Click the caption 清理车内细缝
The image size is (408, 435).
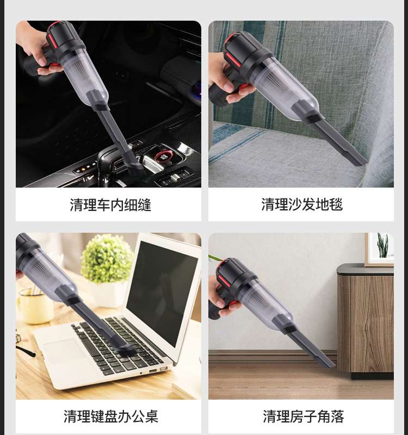click(110, 205)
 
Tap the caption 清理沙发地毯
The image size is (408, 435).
click(302, 204)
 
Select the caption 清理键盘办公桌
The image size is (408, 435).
click(111, 417)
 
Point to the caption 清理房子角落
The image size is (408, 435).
click(304, 417)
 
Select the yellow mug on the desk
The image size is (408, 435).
click(35, 306)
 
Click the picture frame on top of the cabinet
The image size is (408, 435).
click(379, 250)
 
